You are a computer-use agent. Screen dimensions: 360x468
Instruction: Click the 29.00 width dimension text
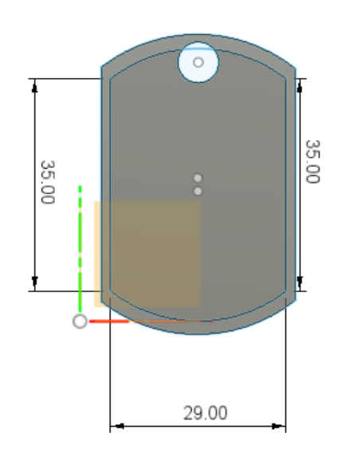[x=205, y=413]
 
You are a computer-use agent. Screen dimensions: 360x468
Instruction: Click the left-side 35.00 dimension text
[x=48, y=182]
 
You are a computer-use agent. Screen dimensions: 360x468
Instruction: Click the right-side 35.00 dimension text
[x=313, y=161]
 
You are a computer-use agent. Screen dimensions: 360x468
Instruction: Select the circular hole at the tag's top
[x=198, y=62]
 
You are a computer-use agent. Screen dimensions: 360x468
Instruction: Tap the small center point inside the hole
[x=198, y=62]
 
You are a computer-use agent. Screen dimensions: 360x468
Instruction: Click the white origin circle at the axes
[x=80, y=322]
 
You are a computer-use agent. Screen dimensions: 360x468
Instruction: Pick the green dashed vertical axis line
[x=80, y=248]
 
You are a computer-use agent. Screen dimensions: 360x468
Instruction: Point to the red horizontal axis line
[x=152, y=322]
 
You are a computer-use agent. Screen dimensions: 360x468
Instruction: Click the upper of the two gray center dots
[x=198, y=178]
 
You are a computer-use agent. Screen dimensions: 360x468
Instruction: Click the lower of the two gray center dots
[x=198, y=191]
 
